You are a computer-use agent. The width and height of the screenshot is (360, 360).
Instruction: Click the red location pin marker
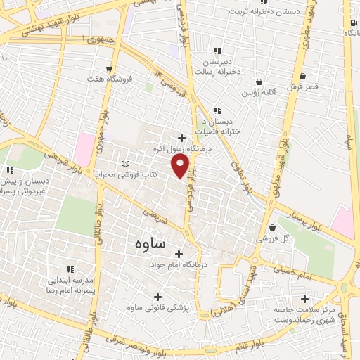(181, 166)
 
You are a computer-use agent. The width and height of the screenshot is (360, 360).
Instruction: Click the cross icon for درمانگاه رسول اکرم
(182, 138)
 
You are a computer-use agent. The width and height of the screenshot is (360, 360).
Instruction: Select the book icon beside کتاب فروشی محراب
(126, 163)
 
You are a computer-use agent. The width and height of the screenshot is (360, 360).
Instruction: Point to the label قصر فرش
(303, 88)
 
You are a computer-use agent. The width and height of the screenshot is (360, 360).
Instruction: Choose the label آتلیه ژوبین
(259, 92)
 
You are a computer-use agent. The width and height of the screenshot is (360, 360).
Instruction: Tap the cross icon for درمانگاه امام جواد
(179, 254)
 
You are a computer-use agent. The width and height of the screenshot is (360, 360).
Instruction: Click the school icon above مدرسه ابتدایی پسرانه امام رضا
(70, 269)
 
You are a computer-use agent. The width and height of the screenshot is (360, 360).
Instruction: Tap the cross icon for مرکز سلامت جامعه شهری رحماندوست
(304, 298)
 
